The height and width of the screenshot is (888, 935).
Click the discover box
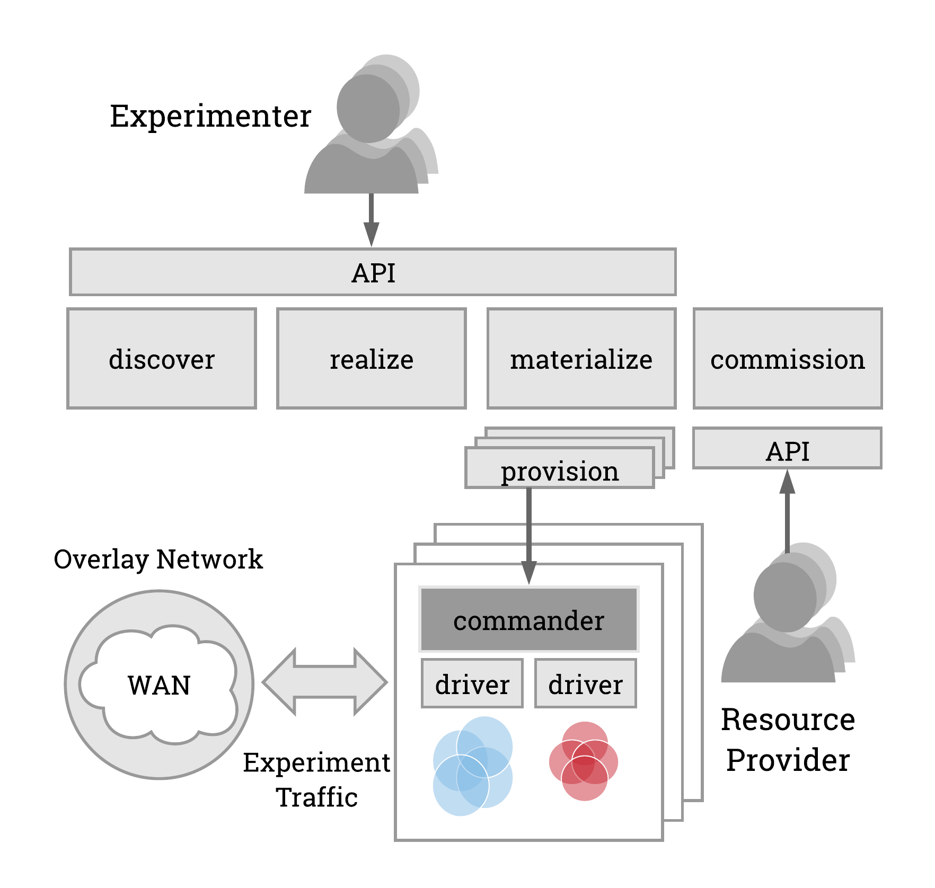click(162, 359)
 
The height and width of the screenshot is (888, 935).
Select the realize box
click(371, 359)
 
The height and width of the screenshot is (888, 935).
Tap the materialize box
click(581, 359)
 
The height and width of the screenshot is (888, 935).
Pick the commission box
click(787, 359)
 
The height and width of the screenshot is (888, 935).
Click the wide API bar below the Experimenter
click(373, 272)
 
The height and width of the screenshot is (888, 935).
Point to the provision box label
click(560, 470)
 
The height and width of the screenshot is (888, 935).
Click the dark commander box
click(528, 619)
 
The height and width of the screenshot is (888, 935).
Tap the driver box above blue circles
click(472, 683)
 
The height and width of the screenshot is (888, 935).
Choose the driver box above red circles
click(585, 683)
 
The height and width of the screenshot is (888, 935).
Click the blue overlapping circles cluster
click(472, 766)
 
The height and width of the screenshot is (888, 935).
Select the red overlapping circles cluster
click(584, 761)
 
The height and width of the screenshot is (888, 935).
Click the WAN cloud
click(158, 685)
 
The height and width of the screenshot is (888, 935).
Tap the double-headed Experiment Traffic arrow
click(324, 682)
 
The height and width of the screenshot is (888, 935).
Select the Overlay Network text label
click(158, 559)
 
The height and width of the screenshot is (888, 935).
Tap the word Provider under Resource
click(787, 760)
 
